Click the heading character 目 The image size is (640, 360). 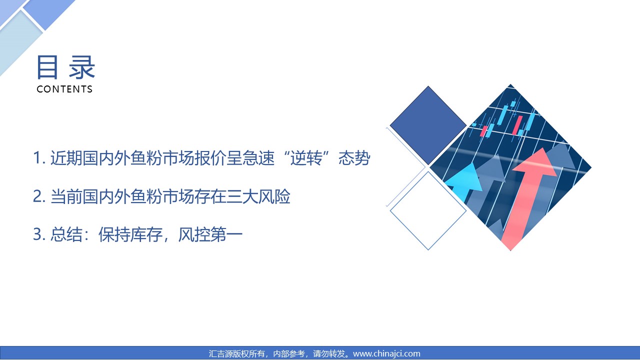coord(47,67)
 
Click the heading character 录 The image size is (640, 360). coord(81,67)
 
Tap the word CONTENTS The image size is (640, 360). coord(64,89)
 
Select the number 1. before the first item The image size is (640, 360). coord(39,157)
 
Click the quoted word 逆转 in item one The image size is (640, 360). coord(306,157)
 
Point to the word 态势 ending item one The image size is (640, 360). coord(354,157)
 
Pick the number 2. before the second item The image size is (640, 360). coord(39,196)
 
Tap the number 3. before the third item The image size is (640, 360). coord(39,234)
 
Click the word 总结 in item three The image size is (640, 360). coord(66,234)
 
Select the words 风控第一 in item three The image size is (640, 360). coord(210,234)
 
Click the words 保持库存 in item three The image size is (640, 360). coord(130,234)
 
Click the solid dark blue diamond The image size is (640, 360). coord(428,125)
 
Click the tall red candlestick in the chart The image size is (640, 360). coord(517,125)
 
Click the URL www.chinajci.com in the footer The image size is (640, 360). coord(386,353)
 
